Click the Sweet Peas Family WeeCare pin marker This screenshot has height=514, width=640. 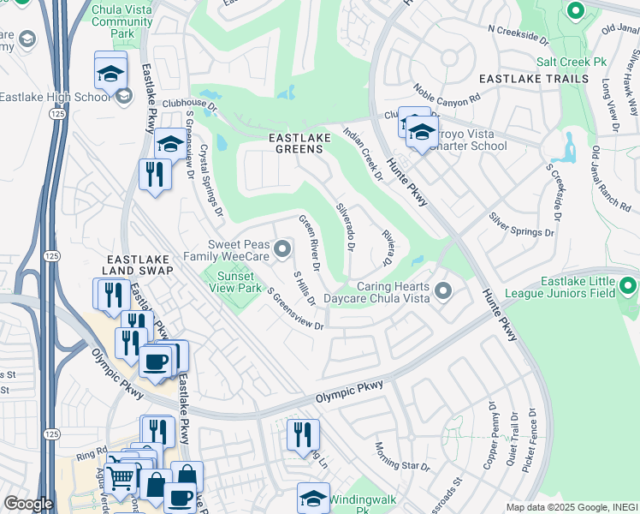(x=283, y=249)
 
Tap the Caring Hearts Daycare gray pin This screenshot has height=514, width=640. (x=442, y=291)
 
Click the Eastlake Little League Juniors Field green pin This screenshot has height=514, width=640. (x=629, y=285)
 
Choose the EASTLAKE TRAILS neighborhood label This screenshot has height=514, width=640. (x=533, y=79)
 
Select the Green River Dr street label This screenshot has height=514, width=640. (x=309, y=242)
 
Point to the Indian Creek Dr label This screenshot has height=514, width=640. (x=364, y=152)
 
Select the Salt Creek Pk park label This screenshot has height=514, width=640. (x=571, y=63)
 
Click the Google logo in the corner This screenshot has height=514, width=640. (x=28, y=504)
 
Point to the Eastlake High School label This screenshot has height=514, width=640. (x=56, y=97)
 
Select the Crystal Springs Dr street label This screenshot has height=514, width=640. (x=210, y=179)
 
